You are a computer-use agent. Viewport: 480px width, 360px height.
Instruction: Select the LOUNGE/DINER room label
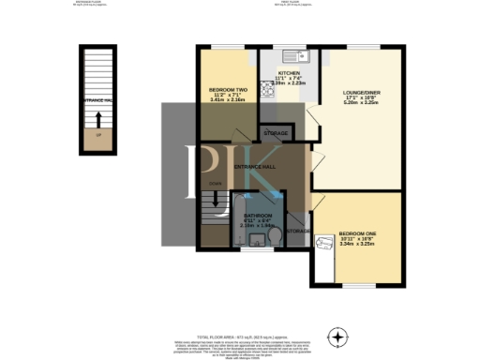[361, 91]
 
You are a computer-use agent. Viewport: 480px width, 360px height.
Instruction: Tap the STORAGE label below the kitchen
[277, 134]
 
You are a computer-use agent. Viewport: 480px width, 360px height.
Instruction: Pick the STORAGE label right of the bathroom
[298, 230]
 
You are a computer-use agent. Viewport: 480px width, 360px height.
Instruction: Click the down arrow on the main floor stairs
[217, 198]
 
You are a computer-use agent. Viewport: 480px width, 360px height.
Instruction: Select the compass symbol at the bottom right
[337, 336]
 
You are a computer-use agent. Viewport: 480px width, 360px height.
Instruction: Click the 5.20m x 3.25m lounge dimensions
[361, 104]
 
